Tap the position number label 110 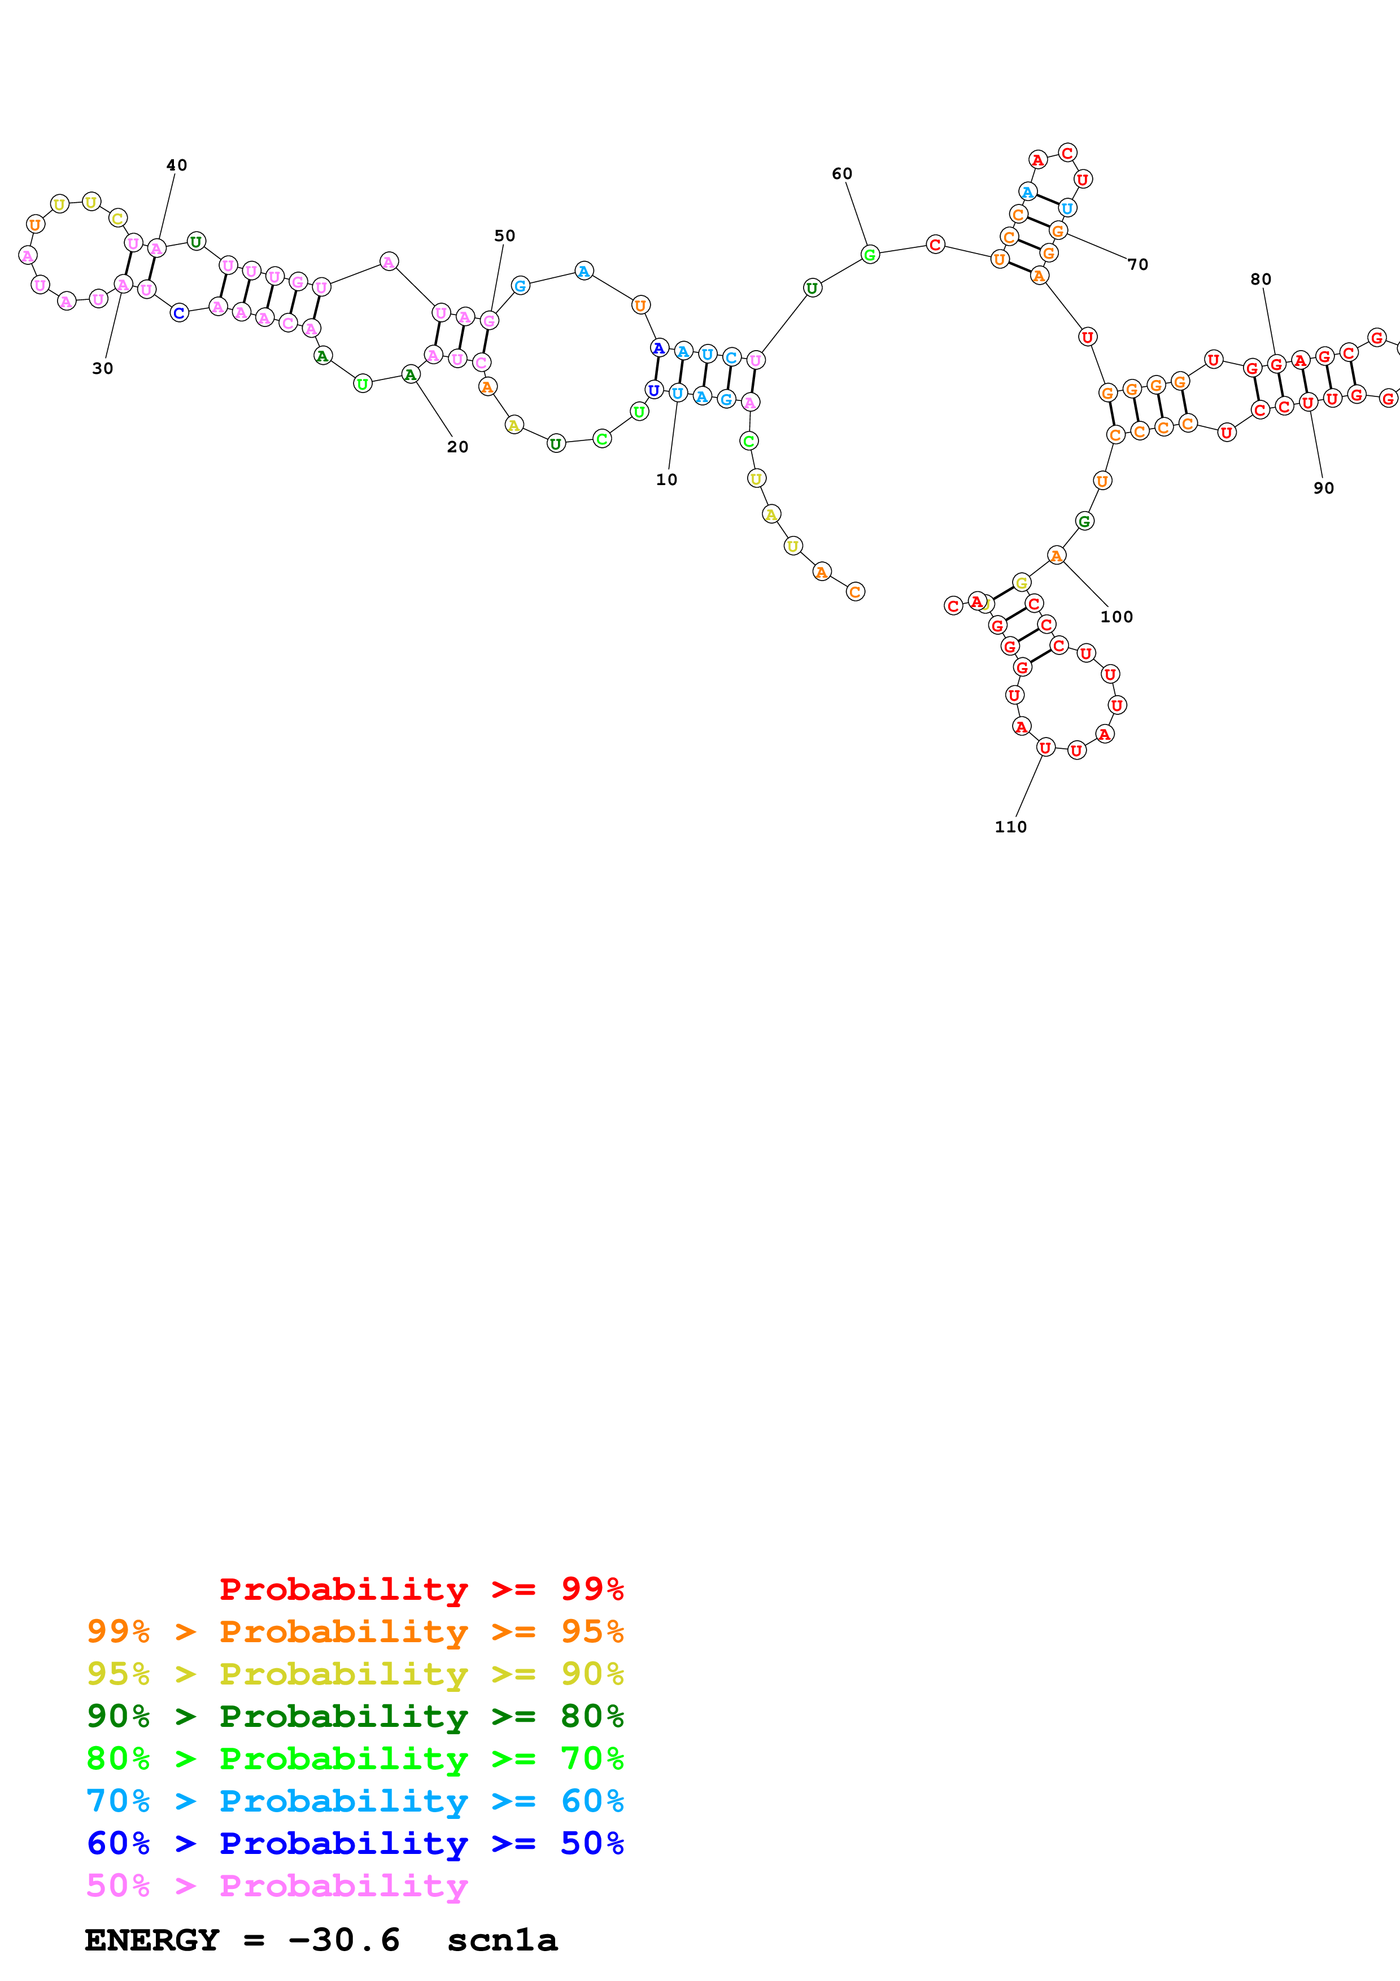point(1010,827)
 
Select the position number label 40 point(176,165)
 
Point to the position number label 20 point(457,447)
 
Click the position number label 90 point(1323,488)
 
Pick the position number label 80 point(1261,280)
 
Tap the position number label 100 point(1116,617)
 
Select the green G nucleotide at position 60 point(870,255)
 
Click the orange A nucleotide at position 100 point(1056,556)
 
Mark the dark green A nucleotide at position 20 point(410,374)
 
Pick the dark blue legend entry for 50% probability point(355,1843)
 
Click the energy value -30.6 point(343,1940)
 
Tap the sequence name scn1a point(502,1940)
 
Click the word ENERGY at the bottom point(152,1940)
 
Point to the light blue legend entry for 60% point(355,1801)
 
